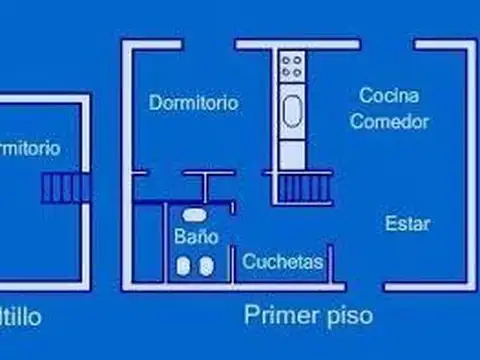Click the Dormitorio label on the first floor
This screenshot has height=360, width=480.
click(193, 102)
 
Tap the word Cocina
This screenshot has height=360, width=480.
click(390, 96)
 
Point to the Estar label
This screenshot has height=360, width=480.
click(407, 223)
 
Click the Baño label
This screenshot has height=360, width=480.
click(195, 238)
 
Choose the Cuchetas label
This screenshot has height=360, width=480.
click(283, 262)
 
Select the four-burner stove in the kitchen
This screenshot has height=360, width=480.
click(293, 68)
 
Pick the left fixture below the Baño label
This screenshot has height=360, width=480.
click(184, 265)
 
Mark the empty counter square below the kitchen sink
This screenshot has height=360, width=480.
click(293, 153)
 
